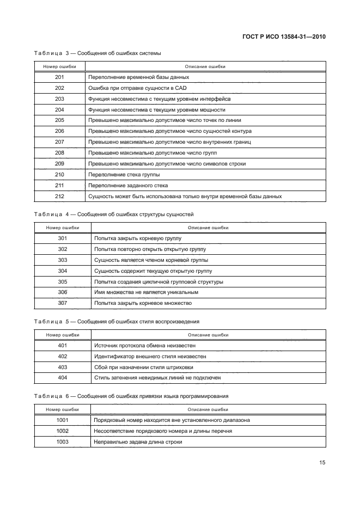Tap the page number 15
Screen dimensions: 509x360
click(322, 463)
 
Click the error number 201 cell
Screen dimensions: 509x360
click(59, 77)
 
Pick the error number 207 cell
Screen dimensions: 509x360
click(59, 142)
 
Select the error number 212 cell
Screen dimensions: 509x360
click(59, 196)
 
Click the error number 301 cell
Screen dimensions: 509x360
click(62, 238)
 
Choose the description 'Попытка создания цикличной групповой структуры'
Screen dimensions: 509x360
click(158, 281)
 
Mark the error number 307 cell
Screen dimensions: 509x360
click(62, 303)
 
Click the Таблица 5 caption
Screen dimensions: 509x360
click(116, 321)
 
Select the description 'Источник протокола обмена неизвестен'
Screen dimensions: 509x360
click(145, 345)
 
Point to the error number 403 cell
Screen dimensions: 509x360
click(62, 367)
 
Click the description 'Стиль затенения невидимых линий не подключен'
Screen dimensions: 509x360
click(157, 377)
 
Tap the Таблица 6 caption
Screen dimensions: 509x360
click(131, 396)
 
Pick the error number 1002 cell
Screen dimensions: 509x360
click(62, 431)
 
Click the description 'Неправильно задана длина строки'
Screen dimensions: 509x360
click(138, 441)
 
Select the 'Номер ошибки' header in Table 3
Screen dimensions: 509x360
click(59, 66)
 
